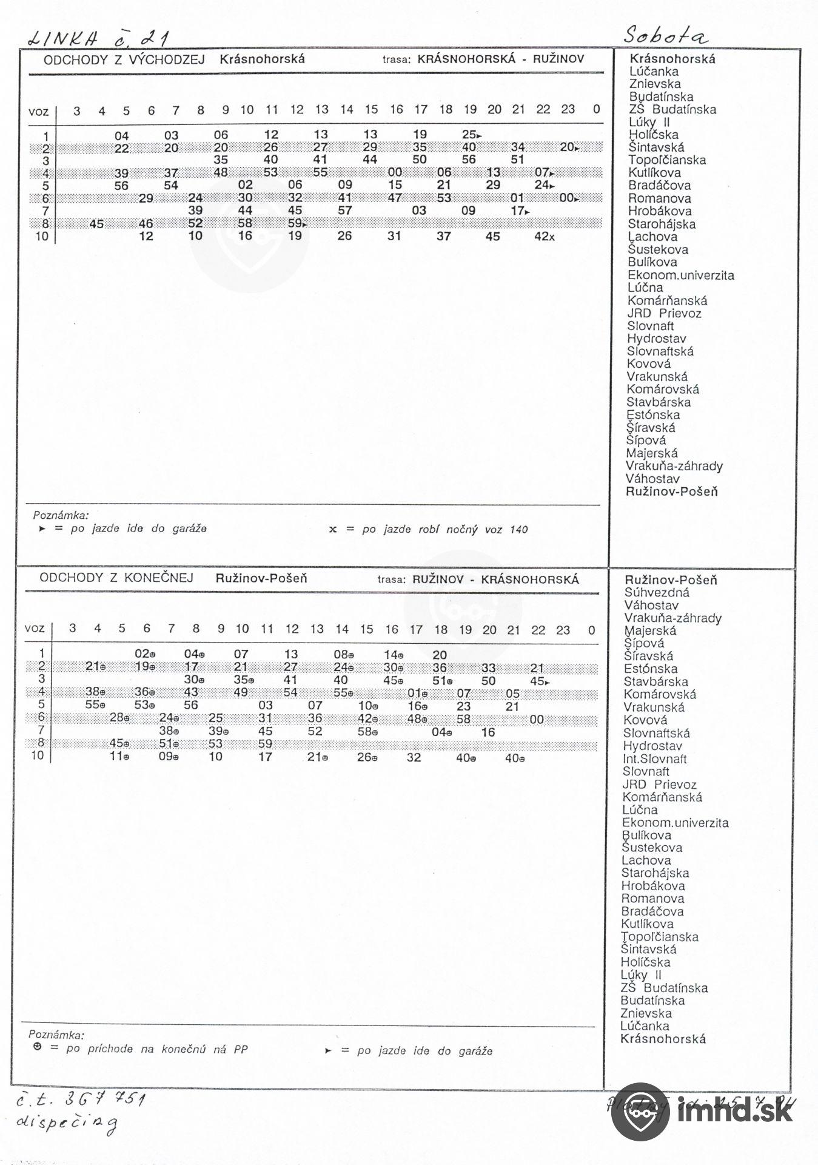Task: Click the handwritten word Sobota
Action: click(665, 36)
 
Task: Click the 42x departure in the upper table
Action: click(544, 236)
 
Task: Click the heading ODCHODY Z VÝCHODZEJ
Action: click(124, 59)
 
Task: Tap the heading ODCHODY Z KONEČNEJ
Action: click(116, 578)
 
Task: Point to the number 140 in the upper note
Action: click(518, 530)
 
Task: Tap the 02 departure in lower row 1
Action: click(142, 654)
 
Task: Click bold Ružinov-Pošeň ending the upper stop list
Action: click(671, 491)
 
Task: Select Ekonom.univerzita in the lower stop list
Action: click(675, 823)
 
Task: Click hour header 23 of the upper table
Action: click(568, 110)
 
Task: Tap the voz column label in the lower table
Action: click(35, 629)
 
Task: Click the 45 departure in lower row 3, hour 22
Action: click(538, 681)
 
